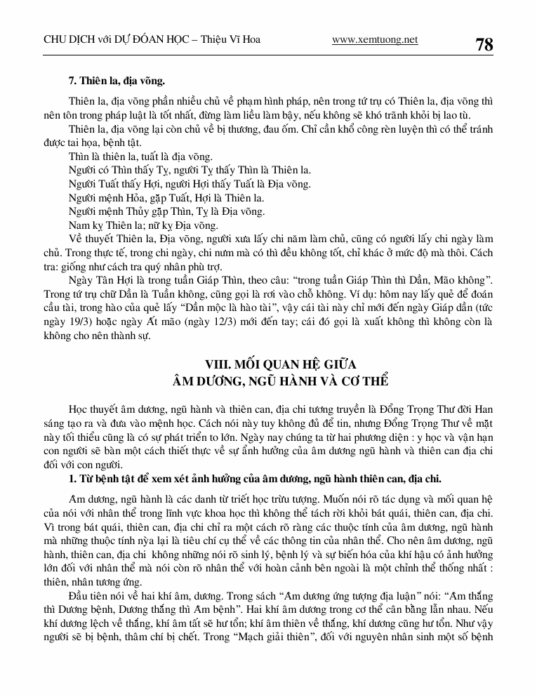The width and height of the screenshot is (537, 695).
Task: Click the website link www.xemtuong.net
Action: coord(374,40)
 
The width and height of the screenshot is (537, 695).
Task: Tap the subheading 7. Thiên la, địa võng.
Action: coord(117,83)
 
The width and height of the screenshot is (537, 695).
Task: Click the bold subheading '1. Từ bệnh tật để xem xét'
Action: coord(255,479)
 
